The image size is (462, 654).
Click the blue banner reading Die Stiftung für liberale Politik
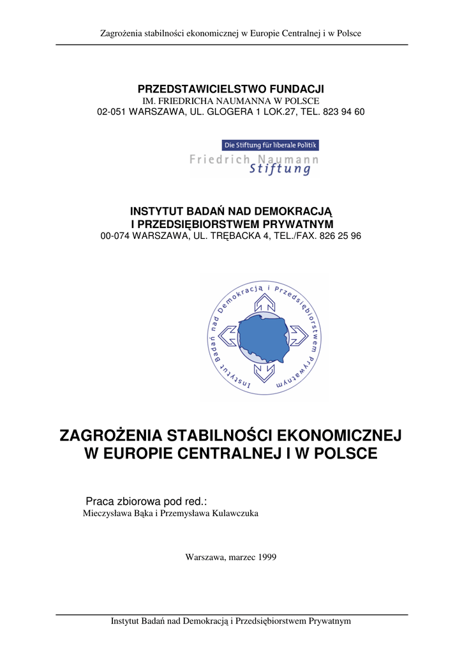tap(270, 146)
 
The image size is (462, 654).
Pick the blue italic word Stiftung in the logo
tap(281, 169)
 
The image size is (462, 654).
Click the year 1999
tap(267, 557)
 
